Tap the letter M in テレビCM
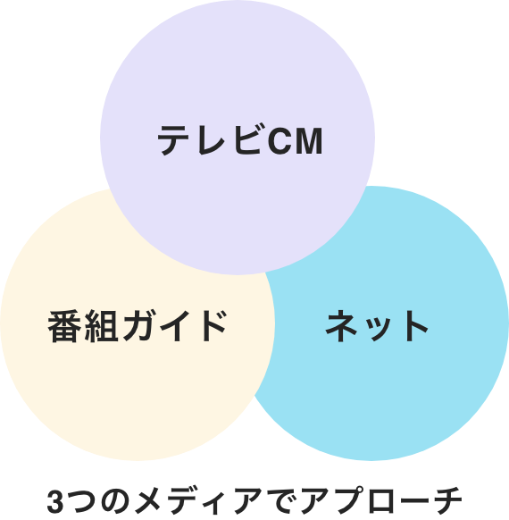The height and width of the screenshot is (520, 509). pyautogui.click(x=309, y=141)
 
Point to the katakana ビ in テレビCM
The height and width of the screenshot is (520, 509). pyautogui.click(x=248, y=139)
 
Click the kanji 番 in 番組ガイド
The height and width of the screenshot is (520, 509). pyautogui.click(x=64, y=326)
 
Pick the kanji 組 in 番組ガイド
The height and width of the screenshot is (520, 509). pyautogui.click(x=102, y=326)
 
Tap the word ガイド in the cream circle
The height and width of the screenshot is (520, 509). pyautogui.click(x=175, y=325)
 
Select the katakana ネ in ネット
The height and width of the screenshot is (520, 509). pyautogui.click(x=341, y=325)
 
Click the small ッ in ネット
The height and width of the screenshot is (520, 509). pyautogui.click(x=380, y=330)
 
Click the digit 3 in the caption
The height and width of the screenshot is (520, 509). pyautogui.click(x=55, y=501)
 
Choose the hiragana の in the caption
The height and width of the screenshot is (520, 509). pyautogui.click(x=115, y=501)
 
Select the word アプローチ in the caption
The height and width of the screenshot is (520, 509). pyautogui.click(x=381, y=500)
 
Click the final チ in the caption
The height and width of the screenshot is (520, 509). pyautogui.click(x=446, y=500)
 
